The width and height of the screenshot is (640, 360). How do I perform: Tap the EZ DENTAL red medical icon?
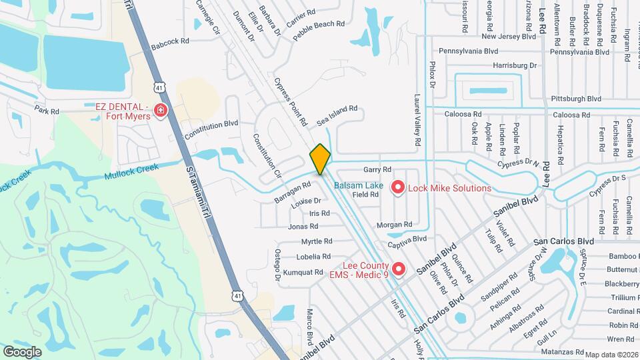click(x=160, y=110)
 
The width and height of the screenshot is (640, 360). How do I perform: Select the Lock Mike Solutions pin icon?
click(x=398, y=188)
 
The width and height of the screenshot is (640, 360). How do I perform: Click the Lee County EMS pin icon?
click(x=399, y=269)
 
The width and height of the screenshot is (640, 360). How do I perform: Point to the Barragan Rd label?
click(x=293, y=192)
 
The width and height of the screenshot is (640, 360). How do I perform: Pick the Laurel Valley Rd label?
click(x=417, y=120)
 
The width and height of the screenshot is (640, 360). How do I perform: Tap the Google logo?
click(x=22, y=351)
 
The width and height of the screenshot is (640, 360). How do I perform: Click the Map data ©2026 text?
click(x=611, y=355)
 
